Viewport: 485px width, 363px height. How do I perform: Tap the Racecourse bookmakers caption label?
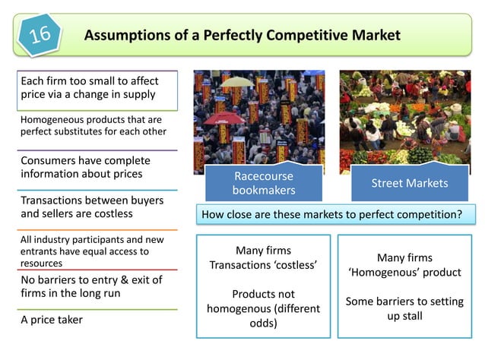(x=263, y=183)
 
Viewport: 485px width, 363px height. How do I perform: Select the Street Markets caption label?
(x=409, y=183)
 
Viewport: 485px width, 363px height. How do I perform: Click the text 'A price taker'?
(x=52, y=320)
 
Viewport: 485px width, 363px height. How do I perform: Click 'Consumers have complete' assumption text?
(x=85, y=161)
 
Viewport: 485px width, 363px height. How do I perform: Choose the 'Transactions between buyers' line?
(x=90, y=200)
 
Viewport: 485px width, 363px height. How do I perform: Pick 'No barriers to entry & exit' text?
(x=91, y=279)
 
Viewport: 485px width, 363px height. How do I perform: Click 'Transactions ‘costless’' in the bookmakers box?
(x=263, y=266)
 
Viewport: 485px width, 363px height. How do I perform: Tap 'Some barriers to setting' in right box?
(x=404, y=301)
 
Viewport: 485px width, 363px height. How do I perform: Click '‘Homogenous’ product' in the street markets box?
(x=404, y=273)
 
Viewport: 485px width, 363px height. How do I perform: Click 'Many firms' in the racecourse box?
(x=263, y=251)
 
